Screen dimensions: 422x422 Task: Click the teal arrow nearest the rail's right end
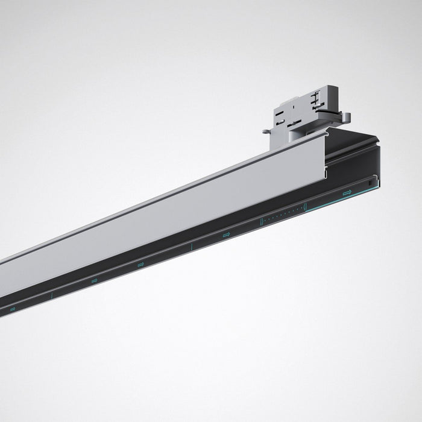coord(347,193)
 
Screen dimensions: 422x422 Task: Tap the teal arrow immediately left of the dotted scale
coord(226,235)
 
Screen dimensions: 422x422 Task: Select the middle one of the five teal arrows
coord(140,264)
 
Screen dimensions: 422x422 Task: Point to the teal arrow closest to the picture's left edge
coord(11,308)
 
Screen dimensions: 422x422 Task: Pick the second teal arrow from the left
coord(94,280)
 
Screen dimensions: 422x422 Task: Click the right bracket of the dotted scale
coord(305,207)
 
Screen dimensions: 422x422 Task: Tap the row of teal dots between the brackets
coord(283,215)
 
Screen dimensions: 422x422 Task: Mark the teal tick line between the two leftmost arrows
coord(52,295)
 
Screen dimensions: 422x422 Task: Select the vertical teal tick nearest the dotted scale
coord(191,247)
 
